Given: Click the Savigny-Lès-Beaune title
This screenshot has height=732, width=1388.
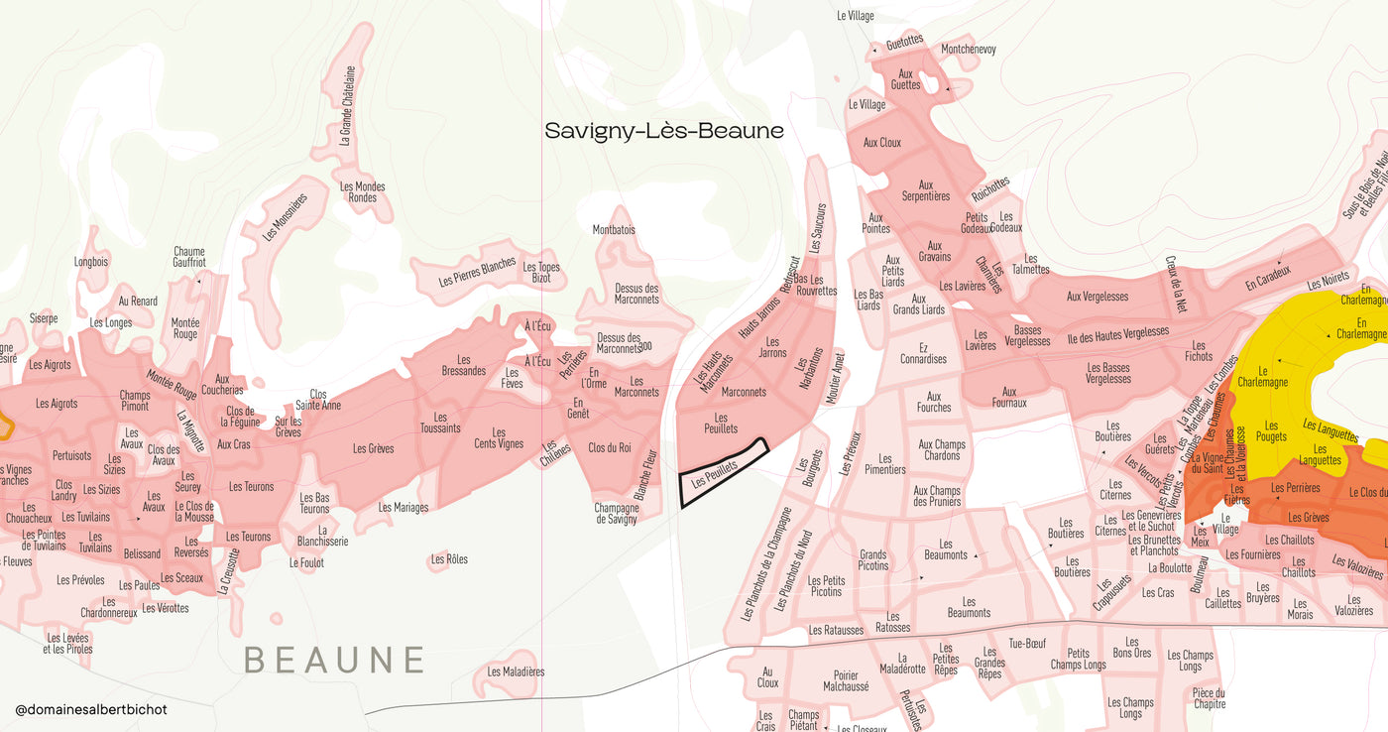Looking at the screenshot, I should [664, 131].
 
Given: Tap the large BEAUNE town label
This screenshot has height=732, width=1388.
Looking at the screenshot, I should [334, 660].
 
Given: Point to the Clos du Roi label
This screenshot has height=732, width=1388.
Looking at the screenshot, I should [609, 448].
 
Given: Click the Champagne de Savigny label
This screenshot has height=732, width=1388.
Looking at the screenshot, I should [616, 514].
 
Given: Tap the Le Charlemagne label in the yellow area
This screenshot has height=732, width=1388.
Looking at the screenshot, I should [1262, 375].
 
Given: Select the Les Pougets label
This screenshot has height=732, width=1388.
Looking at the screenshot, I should [1270, 429].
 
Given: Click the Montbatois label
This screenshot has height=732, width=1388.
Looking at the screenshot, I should [614, 230].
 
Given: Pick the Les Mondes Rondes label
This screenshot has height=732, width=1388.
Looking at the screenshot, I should [362, 191].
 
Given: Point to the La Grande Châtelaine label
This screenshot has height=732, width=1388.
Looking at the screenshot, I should [347, 106].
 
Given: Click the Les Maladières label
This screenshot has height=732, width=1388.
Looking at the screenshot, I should [516, 671].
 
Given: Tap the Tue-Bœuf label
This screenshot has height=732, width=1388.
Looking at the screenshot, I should [1027, 644].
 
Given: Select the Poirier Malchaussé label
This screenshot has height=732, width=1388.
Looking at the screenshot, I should [845, 680].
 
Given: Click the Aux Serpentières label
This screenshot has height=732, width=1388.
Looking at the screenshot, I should [925, 190].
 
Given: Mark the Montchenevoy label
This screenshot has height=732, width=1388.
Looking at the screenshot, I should [968, 50].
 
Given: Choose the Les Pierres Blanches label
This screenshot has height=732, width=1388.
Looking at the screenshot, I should [477, 273].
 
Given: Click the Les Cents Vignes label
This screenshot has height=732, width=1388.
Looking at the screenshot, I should [498, 438].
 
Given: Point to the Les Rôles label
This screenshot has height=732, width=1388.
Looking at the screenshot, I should [449, 559].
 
